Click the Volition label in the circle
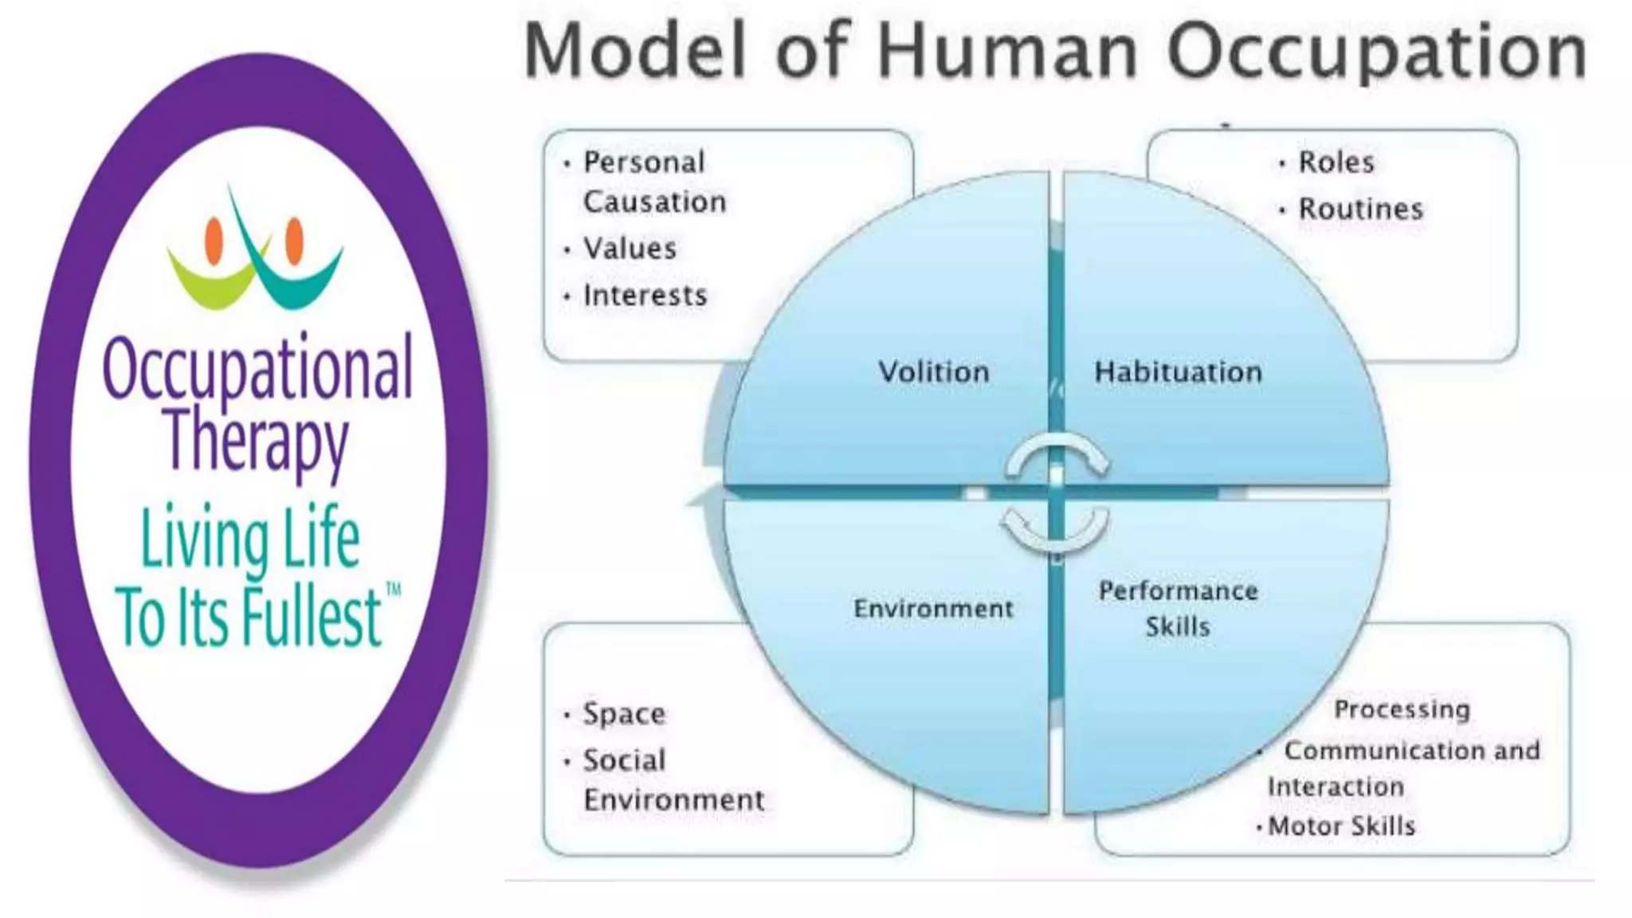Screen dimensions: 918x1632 pos(934,372)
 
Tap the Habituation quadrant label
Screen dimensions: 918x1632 pos(1178,372)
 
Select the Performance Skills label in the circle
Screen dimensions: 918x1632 pos(1178,608)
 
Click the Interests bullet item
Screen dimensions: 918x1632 pos(645,296)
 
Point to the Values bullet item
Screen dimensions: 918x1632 pos(630,249)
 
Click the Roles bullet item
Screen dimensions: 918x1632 pos(1336,163)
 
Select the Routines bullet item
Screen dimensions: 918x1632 pos(1360,210)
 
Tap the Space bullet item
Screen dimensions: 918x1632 pos(624,713)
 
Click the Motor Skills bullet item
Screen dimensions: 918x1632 pos(1341,826)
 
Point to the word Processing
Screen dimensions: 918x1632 pos(1402,709)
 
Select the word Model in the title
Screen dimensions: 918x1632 pos(634,52)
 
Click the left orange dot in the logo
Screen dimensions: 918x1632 pos(214,241)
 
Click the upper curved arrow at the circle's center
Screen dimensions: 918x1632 pos(1057,453)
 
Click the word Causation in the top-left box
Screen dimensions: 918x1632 pos(654,202)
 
